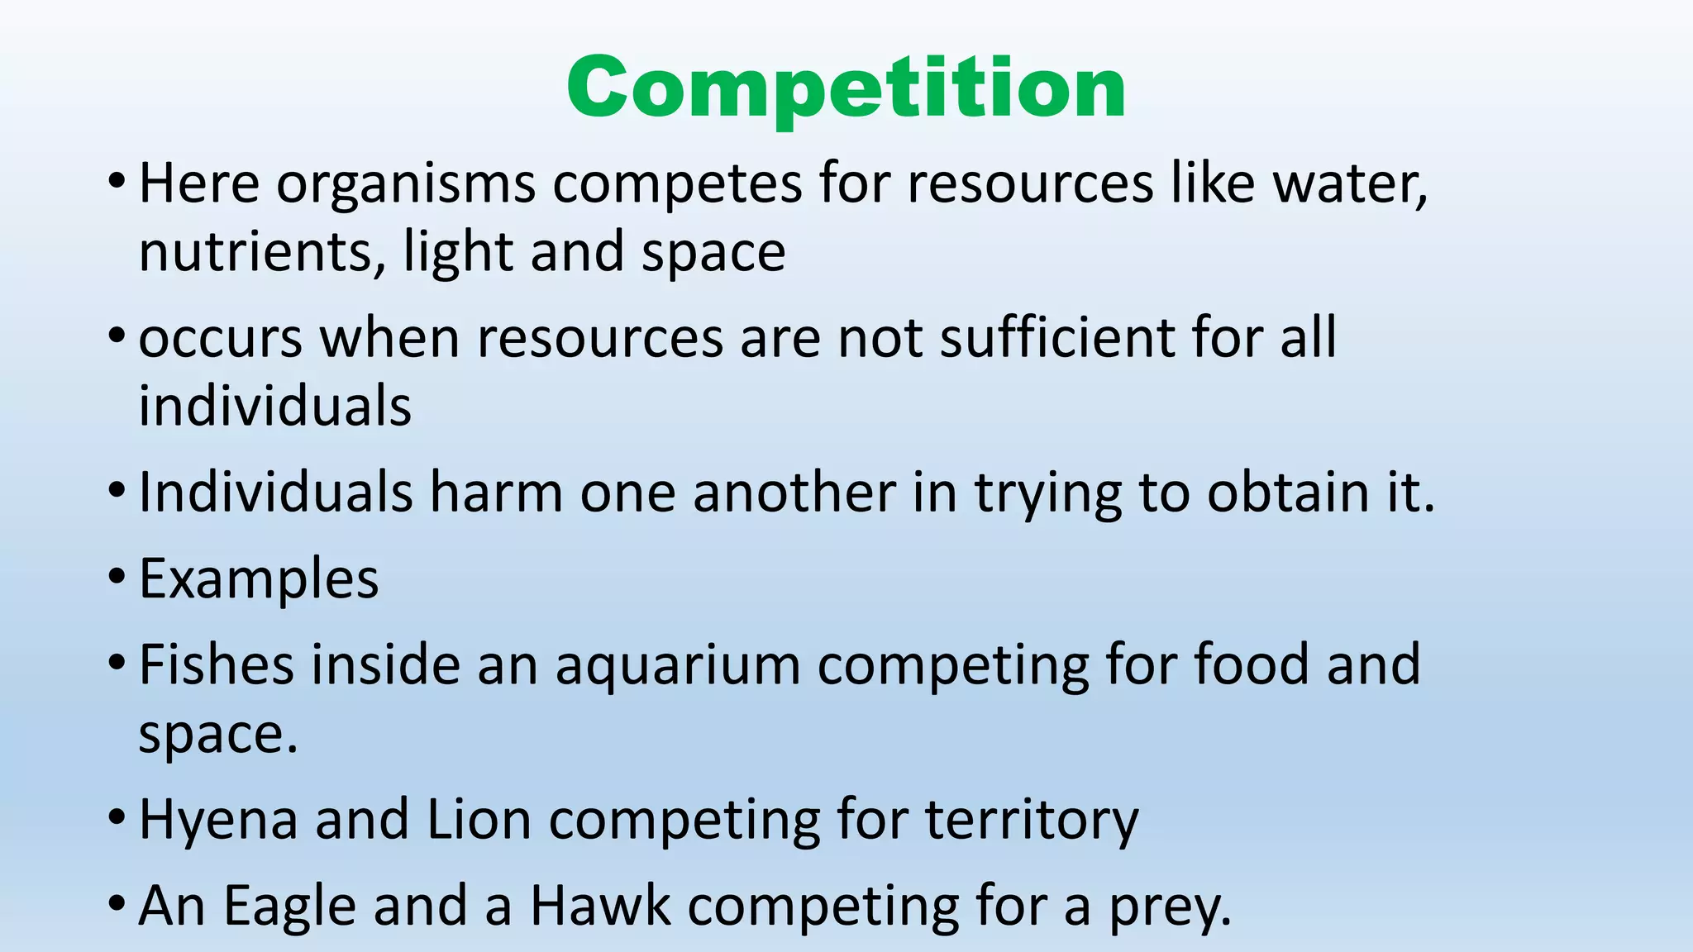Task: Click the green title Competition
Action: tap(846, 88)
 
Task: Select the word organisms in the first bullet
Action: tap(406, 183)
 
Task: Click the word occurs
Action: tap(221, 338)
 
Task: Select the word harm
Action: tap(496, 493)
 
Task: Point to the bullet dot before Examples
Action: tap(117, 575)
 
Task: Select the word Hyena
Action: tap(218, 821)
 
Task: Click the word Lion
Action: tap(479, 820)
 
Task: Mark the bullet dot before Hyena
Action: tap(117, 817)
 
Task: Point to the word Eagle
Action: tap(289, 907)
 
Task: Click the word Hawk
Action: tap(600, 907)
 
